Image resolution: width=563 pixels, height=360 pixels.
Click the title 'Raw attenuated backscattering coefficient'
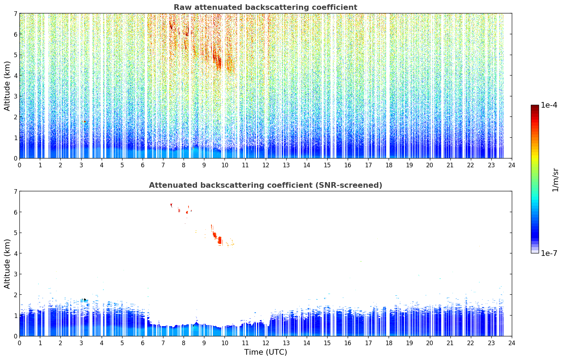pyautogui.click(x=265, y=7)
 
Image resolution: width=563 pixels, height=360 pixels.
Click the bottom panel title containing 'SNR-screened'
pyautogui.click(x=265, y=185)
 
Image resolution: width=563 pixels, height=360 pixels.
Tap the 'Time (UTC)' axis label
pyautogui.click(x=265, y=352)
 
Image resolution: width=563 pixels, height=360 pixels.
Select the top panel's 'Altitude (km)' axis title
pyautogui.click(x=7, y=86)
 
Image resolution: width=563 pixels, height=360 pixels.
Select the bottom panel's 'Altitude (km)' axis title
pyautogui.click(x=7, y=264)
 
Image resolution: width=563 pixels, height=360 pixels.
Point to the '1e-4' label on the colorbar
pyautogui.click(x=549, y=105)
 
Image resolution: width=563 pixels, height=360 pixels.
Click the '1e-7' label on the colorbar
pyautogui.click(x=549, y=253)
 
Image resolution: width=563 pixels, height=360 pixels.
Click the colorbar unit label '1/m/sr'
pyautogui.click(x=555, y=180)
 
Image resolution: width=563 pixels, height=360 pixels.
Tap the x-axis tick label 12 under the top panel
pyautogui.click(x=266, y=165)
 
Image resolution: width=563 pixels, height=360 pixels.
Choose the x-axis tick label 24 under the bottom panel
pyautogui.click(x=512, y=343)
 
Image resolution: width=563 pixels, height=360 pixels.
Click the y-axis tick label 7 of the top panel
pyautogui.click(x=16, y=13)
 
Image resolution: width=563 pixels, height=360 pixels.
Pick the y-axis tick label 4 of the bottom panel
pyautogui.click(x=16, y=253)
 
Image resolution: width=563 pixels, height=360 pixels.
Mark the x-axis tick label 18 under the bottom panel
pyautogui.click(x=389, y=343)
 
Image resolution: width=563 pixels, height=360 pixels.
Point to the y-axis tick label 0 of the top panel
pyautogui.click(x=16, y=158)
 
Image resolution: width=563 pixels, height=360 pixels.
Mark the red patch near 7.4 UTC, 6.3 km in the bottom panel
pyautogui.click(x=171, y=205)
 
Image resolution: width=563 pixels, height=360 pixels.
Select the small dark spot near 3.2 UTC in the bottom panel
pyautogui.click(x=85, y=299)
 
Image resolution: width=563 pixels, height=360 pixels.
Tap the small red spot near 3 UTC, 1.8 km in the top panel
pyautogui.click(x=85, y=122)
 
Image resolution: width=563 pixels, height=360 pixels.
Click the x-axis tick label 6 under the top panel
pyautogui.click(x=143, y=165)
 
